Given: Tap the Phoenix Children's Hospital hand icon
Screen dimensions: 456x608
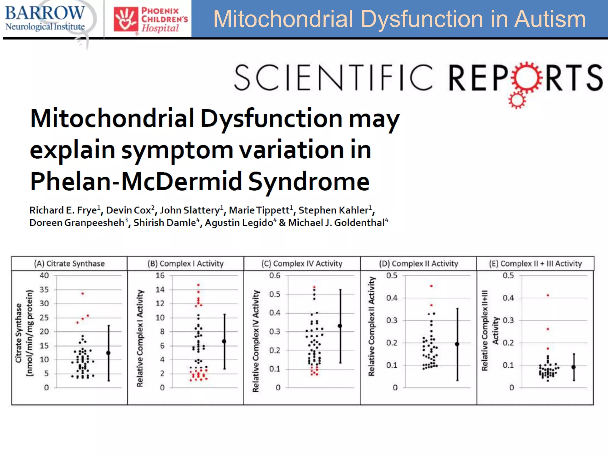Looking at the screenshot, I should point(126,20).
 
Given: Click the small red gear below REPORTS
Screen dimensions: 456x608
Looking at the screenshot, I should point(517,100).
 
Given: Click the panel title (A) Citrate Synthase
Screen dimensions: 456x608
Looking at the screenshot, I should point(69,264).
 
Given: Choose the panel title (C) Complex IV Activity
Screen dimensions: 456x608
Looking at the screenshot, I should point(302,264).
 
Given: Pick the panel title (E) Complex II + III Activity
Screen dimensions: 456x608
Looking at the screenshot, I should point(535,264).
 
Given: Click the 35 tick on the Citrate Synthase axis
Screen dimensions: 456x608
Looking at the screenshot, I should point(44,289).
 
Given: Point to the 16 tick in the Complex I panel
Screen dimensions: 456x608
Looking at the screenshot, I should point(160,275).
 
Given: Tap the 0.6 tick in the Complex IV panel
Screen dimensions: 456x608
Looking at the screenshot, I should point(275,275).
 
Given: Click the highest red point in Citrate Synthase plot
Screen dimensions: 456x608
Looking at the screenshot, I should point(83,293).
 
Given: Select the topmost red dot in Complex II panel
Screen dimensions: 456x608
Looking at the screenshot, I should point(431,286).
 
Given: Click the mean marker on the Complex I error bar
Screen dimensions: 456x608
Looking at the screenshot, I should point(224,341).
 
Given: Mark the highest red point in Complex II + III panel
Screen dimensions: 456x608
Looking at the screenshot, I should point(548,295).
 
